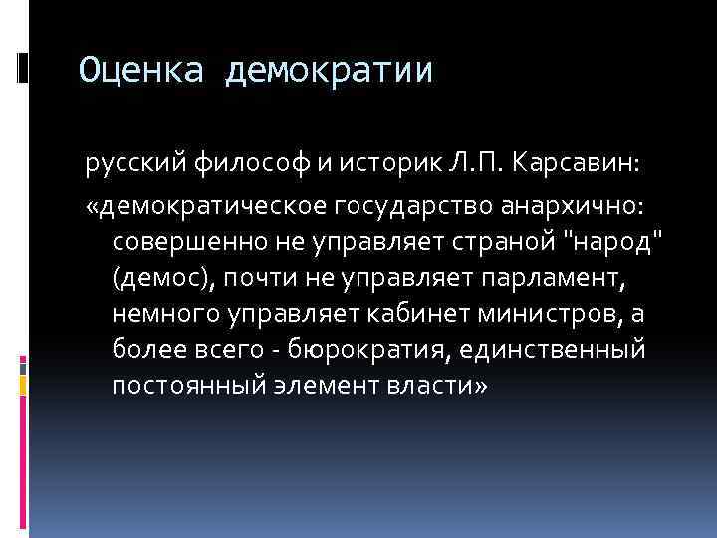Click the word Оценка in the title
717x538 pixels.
pos(140,70)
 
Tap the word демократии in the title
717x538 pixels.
pos(330,70)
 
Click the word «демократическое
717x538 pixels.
pos(198,203)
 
